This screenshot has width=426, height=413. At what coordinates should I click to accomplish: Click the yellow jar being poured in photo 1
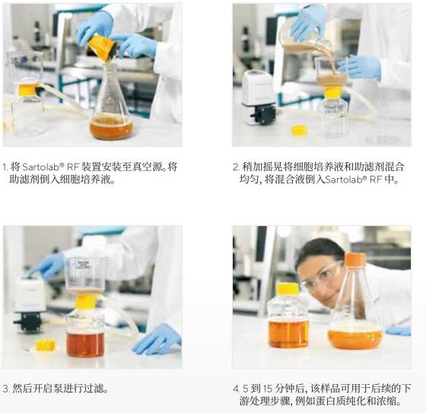click(102, 48)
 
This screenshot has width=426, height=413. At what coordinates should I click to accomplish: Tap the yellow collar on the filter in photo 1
click(27, 89)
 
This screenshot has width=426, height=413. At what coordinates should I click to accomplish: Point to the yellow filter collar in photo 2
click(332, 92)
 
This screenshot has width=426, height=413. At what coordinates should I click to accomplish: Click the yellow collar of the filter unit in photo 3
click(86, 301)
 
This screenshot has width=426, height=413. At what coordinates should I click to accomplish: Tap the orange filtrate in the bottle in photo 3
click(85, 343)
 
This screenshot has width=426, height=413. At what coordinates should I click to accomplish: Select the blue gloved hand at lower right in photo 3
click(155, 338)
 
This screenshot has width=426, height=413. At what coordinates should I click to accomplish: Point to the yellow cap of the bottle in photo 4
click(288, 288)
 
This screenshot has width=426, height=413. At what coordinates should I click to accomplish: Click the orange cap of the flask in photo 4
click(355, 259)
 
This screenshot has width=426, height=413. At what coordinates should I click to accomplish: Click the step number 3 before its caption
click(5, 388)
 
